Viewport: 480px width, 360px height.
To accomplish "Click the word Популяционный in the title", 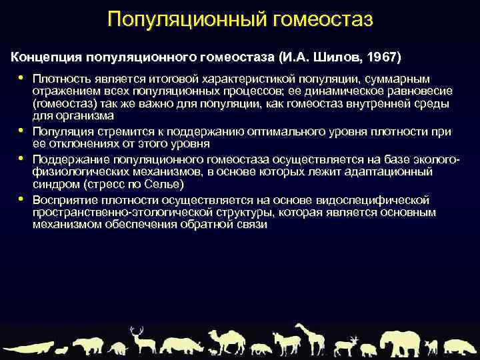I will pyautogui.click(x=187, y=19).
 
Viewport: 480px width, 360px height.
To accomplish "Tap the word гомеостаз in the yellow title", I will pyautogui.click(x=323, y=19).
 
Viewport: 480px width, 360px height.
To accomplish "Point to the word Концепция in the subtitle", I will pyautogui.click(x=47, y=54).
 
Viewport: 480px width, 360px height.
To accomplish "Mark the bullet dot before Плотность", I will pyautogui.click(x=21, y=77).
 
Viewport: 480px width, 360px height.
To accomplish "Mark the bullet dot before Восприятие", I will pyautogui.click(x=21, y=199).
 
